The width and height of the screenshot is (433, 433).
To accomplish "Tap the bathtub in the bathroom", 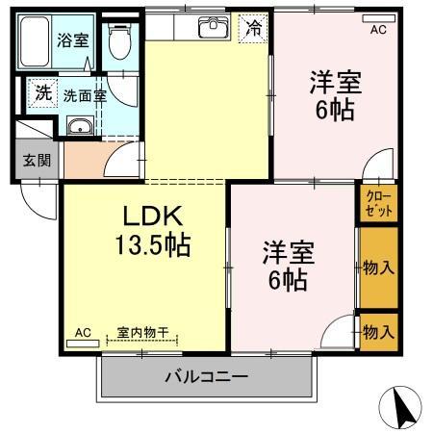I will pyautogui.click(x=36, y=44).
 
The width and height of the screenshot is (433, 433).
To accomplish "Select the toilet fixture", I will pyautogui.click(x=118, y=42).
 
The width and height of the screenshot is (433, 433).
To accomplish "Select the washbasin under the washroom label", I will pyautogui.click(x=82, y=126).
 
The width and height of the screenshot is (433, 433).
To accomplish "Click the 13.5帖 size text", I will pyautogui.click(x=153, y=244).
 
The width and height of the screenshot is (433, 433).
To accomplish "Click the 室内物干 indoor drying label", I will pyautogui.click(x=142, y=333).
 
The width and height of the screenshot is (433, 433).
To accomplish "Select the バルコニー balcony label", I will pyautogui.click(x=206, y=376).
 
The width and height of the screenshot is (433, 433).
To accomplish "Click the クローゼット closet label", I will pyautogui.click(x=377, y=202).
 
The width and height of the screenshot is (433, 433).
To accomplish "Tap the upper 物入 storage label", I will pyautogui.click(x=378, y=268).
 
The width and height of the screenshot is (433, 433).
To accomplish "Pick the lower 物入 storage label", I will pyautogui.click(x=378, y=332).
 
